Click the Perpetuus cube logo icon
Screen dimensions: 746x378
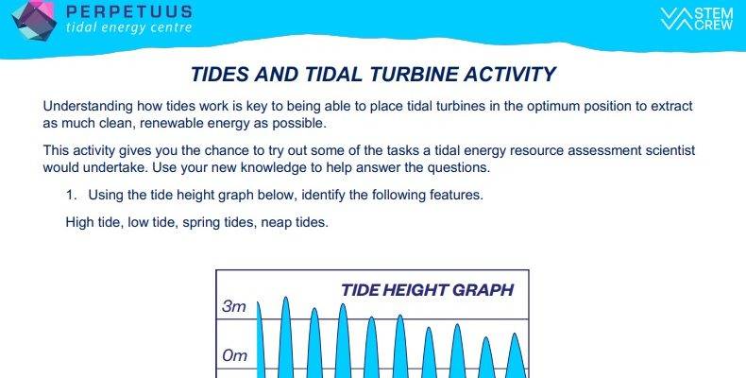(34, 21)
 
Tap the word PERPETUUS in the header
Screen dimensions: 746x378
(129, 12)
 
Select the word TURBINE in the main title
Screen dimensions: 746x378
(415, 75)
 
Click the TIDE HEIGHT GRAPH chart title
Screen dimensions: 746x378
(427, 290)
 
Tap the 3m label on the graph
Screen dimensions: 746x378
(233, 306)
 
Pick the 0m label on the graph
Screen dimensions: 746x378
(234, 355)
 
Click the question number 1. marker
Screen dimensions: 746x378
(72, 195)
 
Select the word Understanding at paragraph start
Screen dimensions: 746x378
(88, 106)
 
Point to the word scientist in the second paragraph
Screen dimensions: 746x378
(670, 150)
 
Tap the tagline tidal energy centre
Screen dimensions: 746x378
(129, 27)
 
